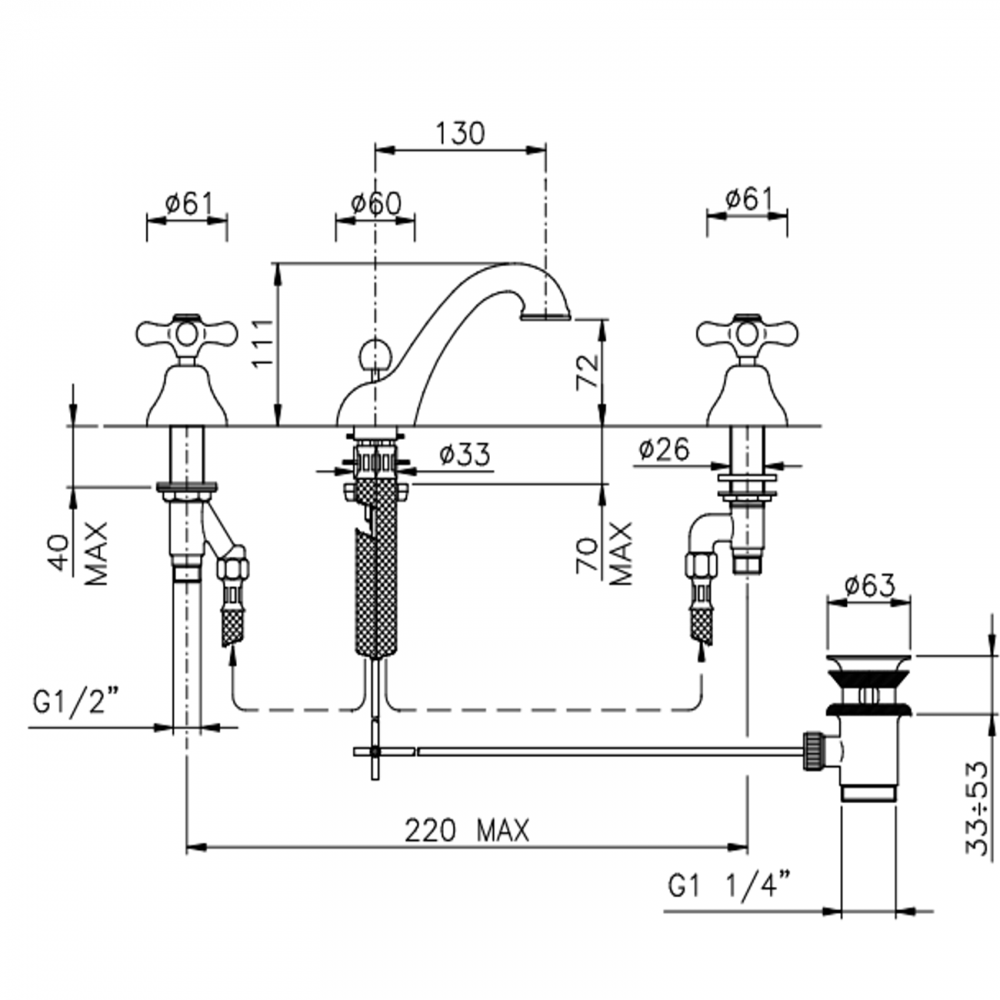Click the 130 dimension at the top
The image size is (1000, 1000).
[460, 133]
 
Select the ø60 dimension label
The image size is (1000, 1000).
[375, 204]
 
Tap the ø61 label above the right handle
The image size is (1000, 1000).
[748, 200]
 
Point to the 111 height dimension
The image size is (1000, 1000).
[264, 343]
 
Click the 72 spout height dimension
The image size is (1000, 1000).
[588, 372]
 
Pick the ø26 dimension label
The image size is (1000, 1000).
[664, 449]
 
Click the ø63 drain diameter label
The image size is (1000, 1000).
[868, 586]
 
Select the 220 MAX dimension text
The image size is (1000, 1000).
[467, 831]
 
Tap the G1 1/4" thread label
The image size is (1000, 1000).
[728, 887]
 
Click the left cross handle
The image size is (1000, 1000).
[186, 332]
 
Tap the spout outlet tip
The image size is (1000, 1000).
[545, 315]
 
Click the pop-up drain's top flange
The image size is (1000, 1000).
[868, 662]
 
